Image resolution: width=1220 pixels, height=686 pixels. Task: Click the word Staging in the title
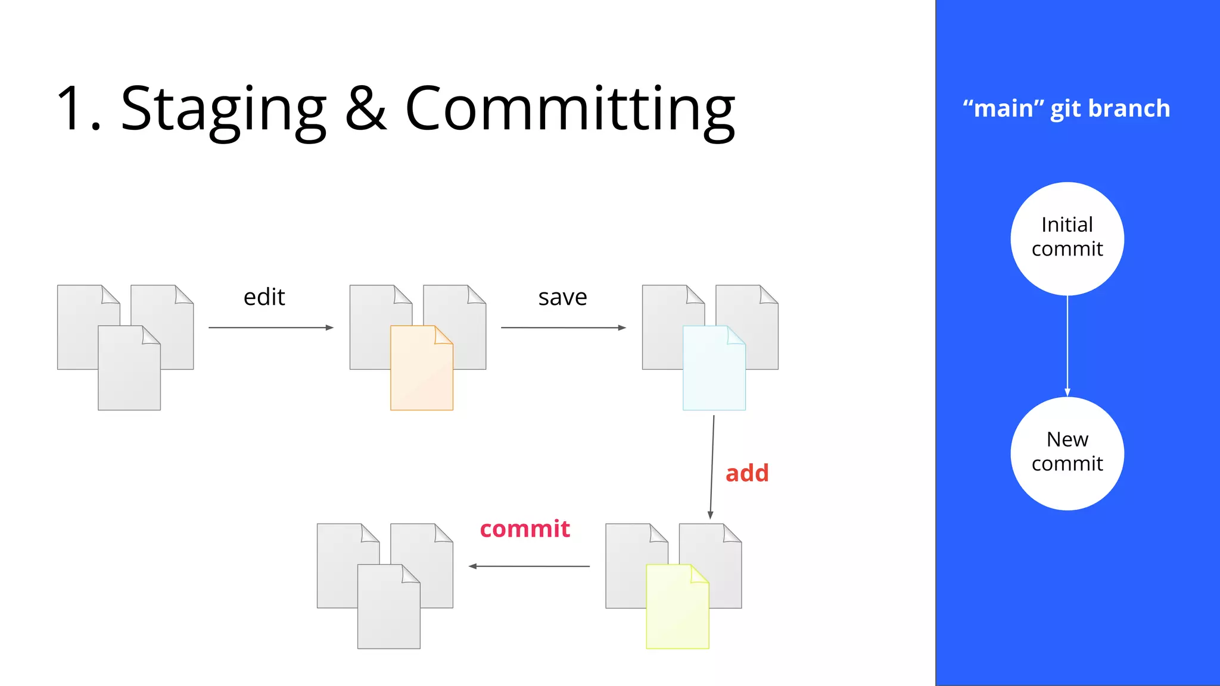[x=223, y=110]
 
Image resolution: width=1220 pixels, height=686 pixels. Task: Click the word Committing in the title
[x=570, y=110]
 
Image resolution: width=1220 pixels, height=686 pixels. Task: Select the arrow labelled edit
[x=270, y=328]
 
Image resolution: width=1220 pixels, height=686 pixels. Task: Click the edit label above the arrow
[x=264, y=297]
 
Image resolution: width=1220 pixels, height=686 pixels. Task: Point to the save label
[x=562, y=297]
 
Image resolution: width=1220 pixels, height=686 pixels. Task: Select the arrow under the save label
[x=563, y=328]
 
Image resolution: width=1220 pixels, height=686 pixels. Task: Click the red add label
[x=747, y=473]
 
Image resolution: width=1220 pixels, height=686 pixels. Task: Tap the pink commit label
[x=525, y=529]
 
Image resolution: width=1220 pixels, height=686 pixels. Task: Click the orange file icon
[x=421, y=369]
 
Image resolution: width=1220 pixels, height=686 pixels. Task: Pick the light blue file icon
[x=714, y=369]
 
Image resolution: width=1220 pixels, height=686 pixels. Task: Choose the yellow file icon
[x=677, y=607]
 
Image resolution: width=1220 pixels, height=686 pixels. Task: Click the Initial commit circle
[x=1067, y=238]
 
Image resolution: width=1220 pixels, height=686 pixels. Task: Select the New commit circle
[x=1067, y=453]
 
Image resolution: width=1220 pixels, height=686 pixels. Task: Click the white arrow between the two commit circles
[x=1067, y=345]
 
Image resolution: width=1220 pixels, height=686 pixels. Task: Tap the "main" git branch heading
[x=1066, y=108]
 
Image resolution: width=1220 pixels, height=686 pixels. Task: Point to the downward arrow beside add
[x=712, y=467]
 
